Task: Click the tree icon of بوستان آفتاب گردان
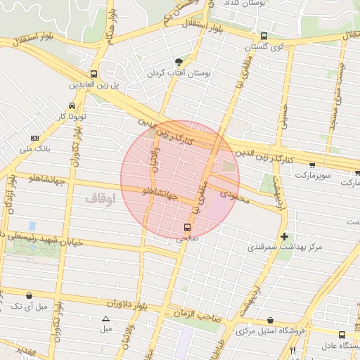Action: (x=179, y=63)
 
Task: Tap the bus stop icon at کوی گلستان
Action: (x=264, y=37)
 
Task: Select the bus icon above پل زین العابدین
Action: (x=94, y=74)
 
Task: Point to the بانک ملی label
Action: (x=37, y=148)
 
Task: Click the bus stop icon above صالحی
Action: (x=187, y=227)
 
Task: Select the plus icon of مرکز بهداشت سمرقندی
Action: (x=284, y=237)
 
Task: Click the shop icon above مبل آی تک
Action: (x=29, y=296)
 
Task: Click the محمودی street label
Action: (x=235, y=191)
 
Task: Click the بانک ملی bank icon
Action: (x=36, y=138)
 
